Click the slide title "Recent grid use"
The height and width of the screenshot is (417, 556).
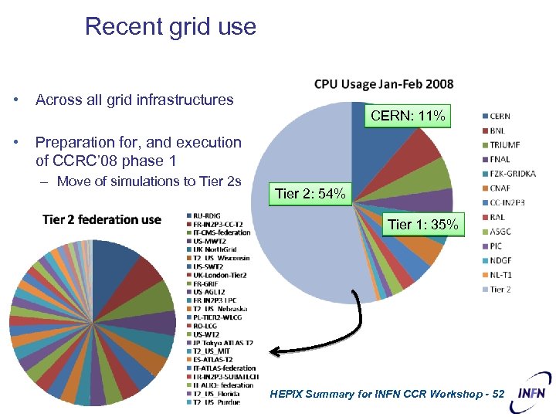pos(170,26)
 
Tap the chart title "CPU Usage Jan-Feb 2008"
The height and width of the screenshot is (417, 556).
pos(384,84)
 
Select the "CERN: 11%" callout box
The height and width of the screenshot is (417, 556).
pos(407,117)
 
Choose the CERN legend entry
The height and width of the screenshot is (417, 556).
pos(500,117)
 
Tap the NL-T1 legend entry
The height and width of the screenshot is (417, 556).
pos(502,275)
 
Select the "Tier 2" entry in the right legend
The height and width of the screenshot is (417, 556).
pos(500,290)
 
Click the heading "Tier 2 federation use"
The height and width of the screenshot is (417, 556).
pos(102,220)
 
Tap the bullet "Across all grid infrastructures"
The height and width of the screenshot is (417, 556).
pos(134,100)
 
